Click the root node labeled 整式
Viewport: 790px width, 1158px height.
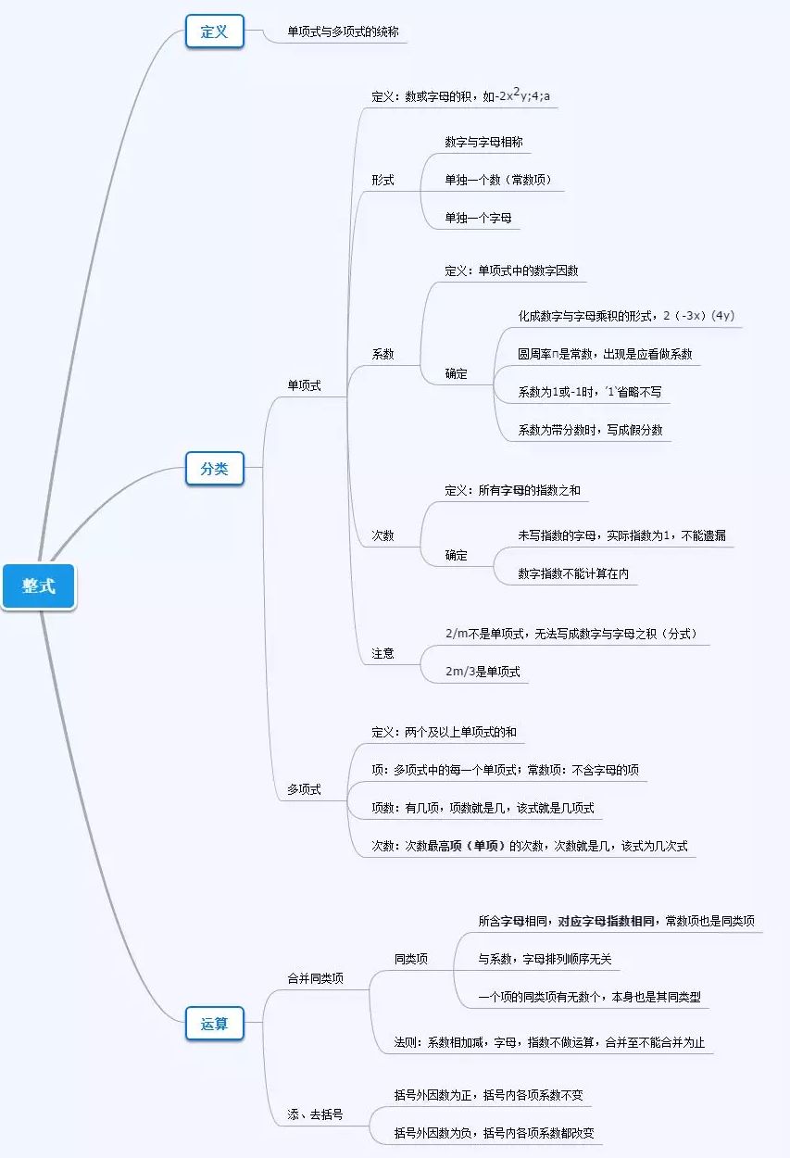click(39, 586)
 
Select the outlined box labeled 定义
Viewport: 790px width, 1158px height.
click(214, 31)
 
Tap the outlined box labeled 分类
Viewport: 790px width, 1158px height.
click(214, 469)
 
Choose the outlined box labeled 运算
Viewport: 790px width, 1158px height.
click(214, 1024)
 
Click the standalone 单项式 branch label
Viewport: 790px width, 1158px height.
click(304, 385)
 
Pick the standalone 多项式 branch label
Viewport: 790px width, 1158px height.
click(304, 789)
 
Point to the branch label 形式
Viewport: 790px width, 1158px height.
click(382, 180)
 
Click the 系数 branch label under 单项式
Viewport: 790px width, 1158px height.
click(382, 354)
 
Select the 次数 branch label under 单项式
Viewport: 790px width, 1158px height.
click(382, 535)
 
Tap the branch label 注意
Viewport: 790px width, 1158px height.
click(382, 653)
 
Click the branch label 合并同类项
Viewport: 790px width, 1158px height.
click(315, 977)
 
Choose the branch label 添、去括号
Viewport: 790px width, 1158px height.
click(315, 1114)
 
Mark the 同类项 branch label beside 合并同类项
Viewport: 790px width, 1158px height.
click(410, 959)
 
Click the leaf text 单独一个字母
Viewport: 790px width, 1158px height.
click(478, 219)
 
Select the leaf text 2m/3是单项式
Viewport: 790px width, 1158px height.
click(483, 672)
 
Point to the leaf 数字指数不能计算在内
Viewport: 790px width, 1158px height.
click(573, 574)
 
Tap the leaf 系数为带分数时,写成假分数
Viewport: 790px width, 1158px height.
click(590, 430)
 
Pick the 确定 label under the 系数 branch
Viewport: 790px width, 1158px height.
click(456, 373)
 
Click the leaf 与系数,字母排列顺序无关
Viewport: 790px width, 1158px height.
click(545, 960)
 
